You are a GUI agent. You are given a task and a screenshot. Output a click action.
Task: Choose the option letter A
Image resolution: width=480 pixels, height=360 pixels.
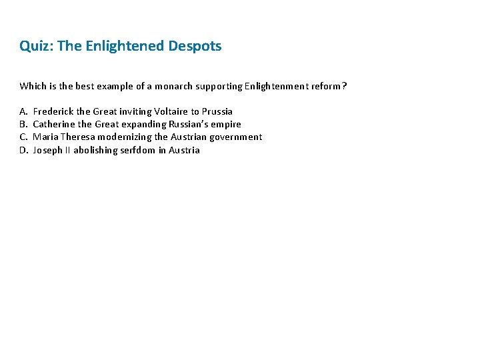tap(23, 111)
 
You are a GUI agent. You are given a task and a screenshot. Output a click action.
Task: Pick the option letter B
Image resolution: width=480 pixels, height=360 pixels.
tap(23, 124)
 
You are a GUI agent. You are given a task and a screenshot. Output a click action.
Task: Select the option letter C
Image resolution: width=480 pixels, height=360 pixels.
tap(23, 137)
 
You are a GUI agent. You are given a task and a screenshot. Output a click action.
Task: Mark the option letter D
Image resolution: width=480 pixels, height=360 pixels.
tap(23, 150)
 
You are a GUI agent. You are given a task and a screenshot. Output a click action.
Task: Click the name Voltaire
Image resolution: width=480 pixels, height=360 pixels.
tap(172, 111)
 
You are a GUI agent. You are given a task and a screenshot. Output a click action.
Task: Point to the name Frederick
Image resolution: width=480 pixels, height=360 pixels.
tap(53, 111)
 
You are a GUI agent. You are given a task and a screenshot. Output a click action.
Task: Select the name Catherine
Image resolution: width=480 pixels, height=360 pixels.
tap(54, 124)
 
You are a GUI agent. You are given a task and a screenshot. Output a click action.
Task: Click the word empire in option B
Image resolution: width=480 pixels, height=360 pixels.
tap(227, 124)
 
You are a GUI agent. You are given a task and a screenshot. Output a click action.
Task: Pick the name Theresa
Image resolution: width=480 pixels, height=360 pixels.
tap(78, 137)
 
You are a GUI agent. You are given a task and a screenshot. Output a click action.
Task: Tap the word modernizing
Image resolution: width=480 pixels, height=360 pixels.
tap(125, 137)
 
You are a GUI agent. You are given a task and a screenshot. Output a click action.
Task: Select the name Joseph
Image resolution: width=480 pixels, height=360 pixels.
tap(47, 150)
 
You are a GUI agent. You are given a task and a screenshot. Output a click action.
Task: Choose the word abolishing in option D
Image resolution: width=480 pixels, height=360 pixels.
tap(93, 150)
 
